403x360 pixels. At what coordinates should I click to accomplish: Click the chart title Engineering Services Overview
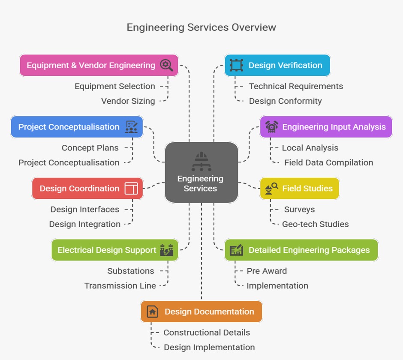point(201,27)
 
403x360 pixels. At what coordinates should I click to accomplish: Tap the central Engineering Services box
point(201,172)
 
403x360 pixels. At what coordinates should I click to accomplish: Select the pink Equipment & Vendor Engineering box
point(99,65)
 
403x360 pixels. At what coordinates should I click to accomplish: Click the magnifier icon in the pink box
point(166,65)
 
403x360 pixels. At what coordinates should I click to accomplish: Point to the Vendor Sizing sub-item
point(128,101)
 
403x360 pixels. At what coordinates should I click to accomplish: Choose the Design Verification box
point(277,65)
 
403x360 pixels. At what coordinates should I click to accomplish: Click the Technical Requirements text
point(296,86)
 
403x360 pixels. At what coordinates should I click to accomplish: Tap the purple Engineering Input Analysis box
point(326,127)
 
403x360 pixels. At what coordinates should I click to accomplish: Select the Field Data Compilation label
point(328,162)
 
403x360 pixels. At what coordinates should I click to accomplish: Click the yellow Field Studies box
point(299,188)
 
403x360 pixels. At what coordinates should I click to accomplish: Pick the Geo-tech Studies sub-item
point(315,224)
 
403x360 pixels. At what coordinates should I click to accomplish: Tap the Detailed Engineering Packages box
point(301,250)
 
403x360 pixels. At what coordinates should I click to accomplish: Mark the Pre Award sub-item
point(267,271)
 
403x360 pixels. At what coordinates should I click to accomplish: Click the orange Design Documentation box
point(201,312)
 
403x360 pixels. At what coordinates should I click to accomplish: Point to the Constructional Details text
point(207,333)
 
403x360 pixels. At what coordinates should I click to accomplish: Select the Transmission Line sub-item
point(120,286)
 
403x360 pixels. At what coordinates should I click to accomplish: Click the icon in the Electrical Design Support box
point(166,250)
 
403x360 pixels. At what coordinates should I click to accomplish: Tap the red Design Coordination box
point(87,188)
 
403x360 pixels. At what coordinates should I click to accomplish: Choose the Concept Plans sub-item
point(90,148)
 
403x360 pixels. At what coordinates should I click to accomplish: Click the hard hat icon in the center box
point(201,157)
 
